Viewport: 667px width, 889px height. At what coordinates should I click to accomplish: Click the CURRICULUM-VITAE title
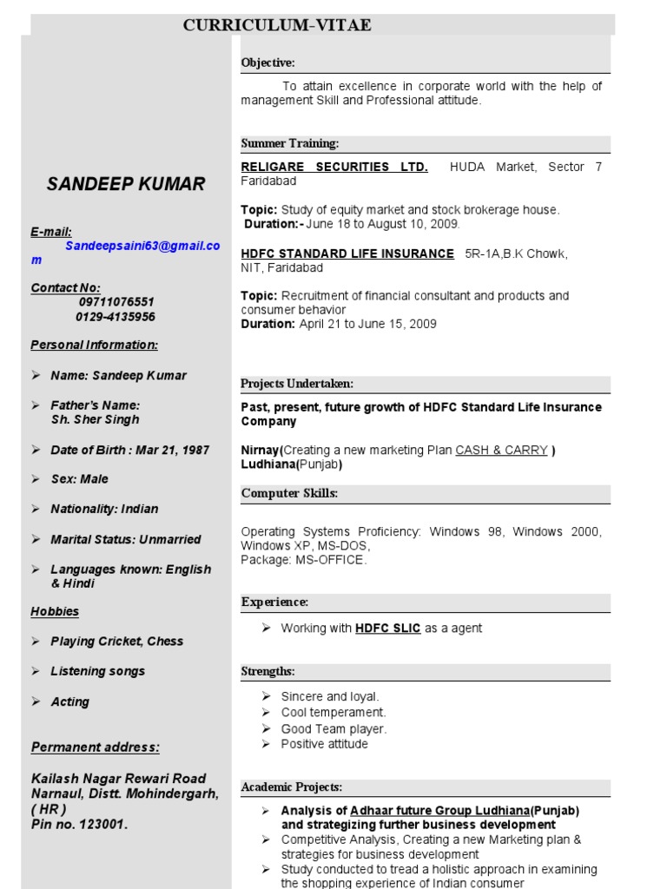pos(277,25)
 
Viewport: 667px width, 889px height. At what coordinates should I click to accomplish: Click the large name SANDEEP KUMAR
pos(126,183)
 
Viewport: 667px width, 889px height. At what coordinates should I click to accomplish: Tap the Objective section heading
pos(267,63)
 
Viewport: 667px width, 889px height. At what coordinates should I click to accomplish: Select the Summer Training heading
pos(289,143)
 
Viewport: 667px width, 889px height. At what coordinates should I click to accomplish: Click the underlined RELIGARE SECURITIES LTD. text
pos(333,167)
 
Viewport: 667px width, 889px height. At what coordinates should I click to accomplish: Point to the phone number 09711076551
pos(116,302)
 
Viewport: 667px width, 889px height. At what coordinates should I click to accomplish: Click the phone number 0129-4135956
pos(116,317)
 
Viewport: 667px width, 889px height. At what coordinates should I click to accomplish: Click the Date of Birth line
pos(129,450)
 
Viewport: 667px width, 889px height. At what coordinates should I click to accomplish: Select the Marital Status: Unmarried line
pos(125,539)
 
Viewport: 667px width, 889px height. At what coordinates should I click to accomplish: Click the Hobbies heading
pos(55,611)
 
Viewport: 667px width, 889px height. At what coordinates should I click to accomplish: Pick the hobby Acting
pos(69,701)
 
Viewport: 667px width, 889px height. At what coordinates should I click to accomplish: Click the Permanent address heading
pos(96,747)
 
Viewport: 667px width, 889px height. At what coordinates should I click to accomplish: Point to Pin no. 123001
pos(79,825)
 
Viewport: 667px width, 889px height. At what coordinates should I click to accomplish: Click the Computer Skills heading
pos(289,493)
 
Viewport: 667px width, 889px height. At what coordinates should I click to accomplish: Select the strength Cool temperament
pos(333,713)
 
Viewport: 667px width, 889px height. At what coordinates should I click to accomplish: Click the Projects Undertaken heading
pos(297,384)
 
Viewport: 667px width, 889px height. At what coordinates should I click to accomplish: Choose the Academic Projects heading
pos(292,787)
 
